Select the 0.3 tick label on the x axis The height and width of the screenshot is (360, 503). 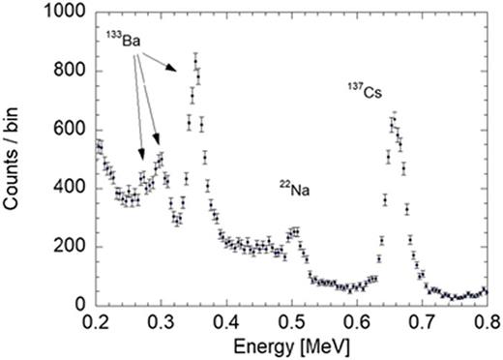click(161, 320)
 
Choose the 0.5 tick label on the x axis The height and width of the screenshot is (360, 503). click(291, 320)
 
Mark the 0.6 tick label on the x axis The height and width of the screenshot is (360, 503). click(357, 320)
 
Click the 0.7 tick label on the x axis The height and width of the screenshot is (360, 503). click(422, 320)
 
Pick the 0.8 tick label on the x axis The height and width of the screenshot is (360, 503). click(487, 320)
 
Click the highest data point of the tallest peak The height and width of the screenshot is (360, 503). click(195, 62)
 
